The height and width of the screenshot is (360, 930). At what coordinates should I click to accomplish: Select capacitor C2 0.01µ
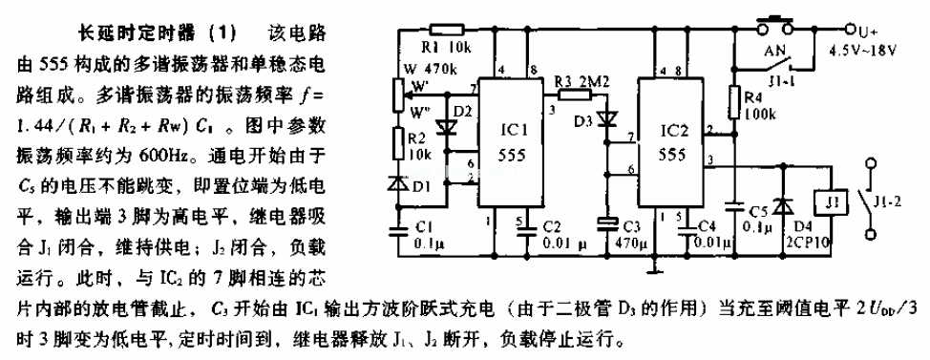523,229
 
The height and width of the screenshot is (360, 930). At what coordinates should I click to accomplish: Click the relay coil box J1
829,203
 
